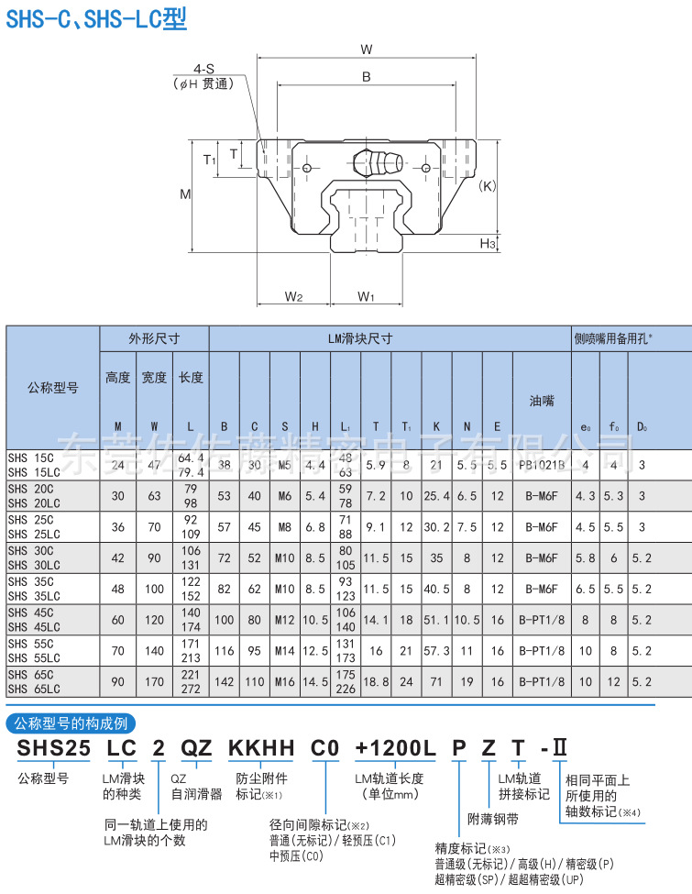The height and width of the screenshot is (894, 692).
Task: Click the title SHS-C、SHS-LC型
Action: (96, 18)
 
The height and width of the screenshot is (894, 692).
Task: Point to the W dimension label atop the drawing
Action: (366, 50)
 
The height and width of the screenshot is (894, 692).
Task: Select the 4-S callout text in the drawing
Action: (203, 69)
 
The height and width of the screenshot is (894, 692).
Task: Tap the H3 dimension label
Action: (488, 243)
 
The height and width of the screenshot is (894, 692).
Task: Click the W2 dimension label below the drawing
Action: (293, 296)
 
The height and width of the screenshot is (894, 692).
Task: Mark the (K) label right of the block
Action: (488, 185)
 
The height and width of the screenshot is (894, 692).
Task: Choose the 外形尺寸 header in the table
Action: (154, 338)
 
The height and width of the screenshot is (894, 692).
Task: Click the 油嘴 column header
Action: (541, 401)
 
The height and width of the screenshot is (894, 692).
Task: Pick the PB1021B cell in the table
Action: (541, 465)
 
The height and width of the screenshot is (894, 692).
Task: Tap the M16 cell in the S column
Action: (285, 681)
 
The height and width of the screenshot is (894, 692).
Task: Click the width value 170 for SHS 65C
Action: (154, 681)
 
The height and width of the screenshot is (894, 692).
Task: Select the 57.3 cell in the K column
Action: (436, 651)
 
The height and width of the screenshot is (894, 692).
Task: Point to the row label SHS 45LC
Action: (33, 627)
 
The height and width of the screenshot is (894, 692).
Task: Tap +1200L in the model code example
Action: (394, 748)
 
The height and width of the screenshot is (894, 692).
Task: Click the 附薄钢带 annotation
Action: (493, 819)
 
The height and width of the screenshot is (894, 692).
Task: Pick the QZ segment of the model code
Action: (195, 748)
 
